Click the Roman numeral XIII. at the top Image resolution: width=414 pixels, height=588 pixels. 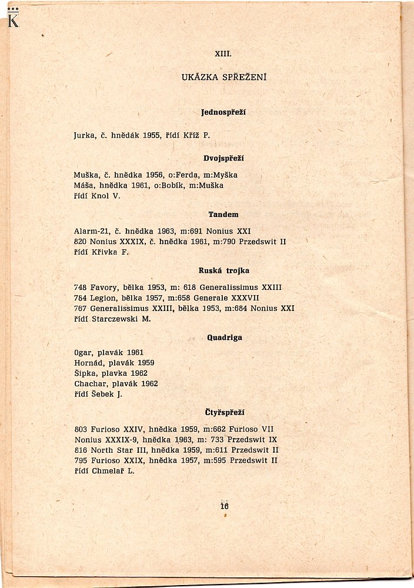tap(223, 54)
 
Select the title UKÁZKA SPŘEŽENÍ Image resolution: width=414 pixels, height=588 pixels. tap(224, 77)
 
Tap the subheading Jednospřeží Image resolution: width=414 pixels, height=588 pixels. tap(223, 112)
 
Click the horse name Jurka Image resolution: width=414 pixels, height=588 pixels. tap(85, 135)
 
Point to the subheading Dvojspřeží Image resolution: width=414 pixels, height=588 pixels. tap(223, 158)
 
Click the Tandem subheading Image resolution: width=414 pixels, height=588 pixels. tap(223, 215)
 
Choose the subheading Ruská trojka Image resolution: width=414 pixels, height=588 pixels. tap(223, 270)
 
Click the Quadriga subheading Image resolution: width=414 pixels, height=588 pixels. tap(224, 338)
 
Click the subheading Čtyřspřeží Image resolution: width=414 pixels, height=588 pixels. tap(224, 413)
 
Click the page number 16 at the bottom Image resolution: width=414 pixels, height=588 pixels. tap(224, 506)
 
